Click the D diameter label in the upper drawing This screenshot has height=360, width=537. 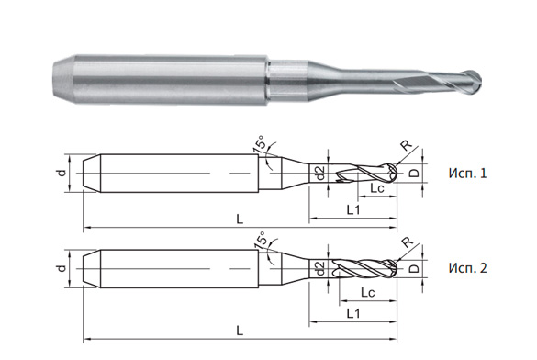click(415, 173)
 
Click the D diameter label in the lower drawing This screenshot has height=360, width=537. click(415, 269)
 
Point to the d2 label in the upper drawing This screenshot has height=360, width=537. click(319, 173)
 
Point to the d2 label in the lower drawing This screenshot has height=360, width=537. click(319, 268)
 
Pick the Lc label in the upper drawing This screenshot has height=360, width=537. click(376, 188)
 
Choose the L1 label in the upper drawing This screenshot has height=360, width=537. click(352, 210)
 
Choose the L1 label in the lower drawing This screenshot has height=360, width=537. click(352, 313)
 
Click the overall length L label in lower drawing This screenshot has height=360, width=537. click(240, 328)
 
